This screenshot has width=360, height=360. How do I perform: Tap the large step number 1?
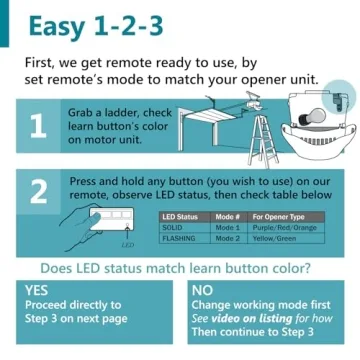(x=37, y=127)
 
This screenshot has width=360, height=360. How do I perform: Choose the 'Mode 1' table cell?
(x=226, y=227)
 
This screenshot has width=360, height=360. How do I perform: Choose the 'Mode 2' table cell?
(x=226, y=238)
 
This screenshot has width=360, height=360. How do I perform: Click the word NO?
(x=203, y=289)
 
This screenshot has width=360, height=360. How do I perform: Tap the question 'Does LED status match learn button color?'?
(x=180, y=267)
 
